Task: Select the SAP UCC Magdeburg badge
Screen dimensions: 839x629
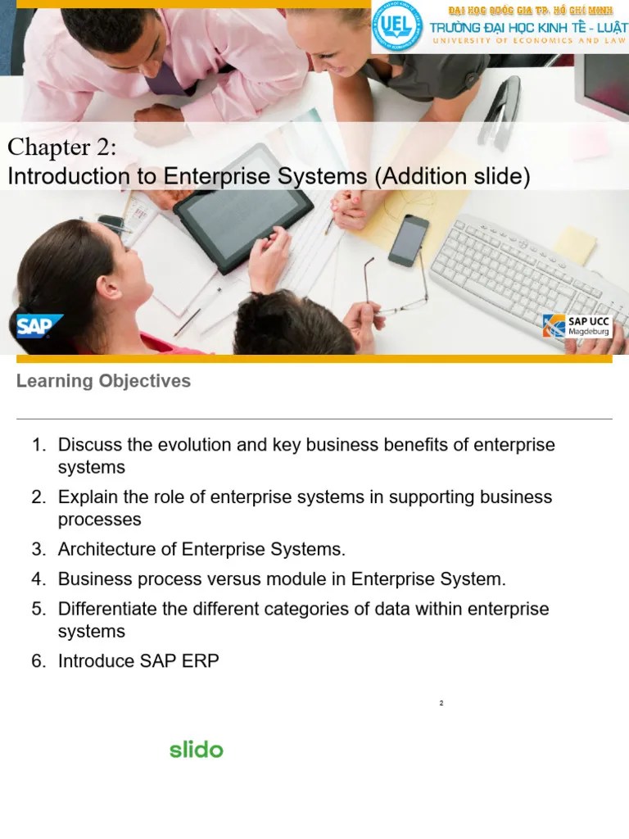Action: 577,325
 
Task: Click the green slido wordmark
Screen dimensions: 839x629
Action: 196,749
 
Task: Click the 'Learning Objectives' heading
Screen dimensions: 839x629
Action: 103,381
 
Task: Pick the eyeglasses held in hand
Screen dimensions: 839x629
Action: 401,295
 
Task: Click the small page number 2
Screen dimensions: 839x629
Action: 441,703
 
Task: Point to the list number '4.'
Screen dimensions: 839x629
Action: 38,579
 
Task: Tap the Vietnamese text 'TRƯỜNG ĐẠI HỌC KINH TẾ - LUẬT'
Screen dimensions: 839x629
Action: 528,29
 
